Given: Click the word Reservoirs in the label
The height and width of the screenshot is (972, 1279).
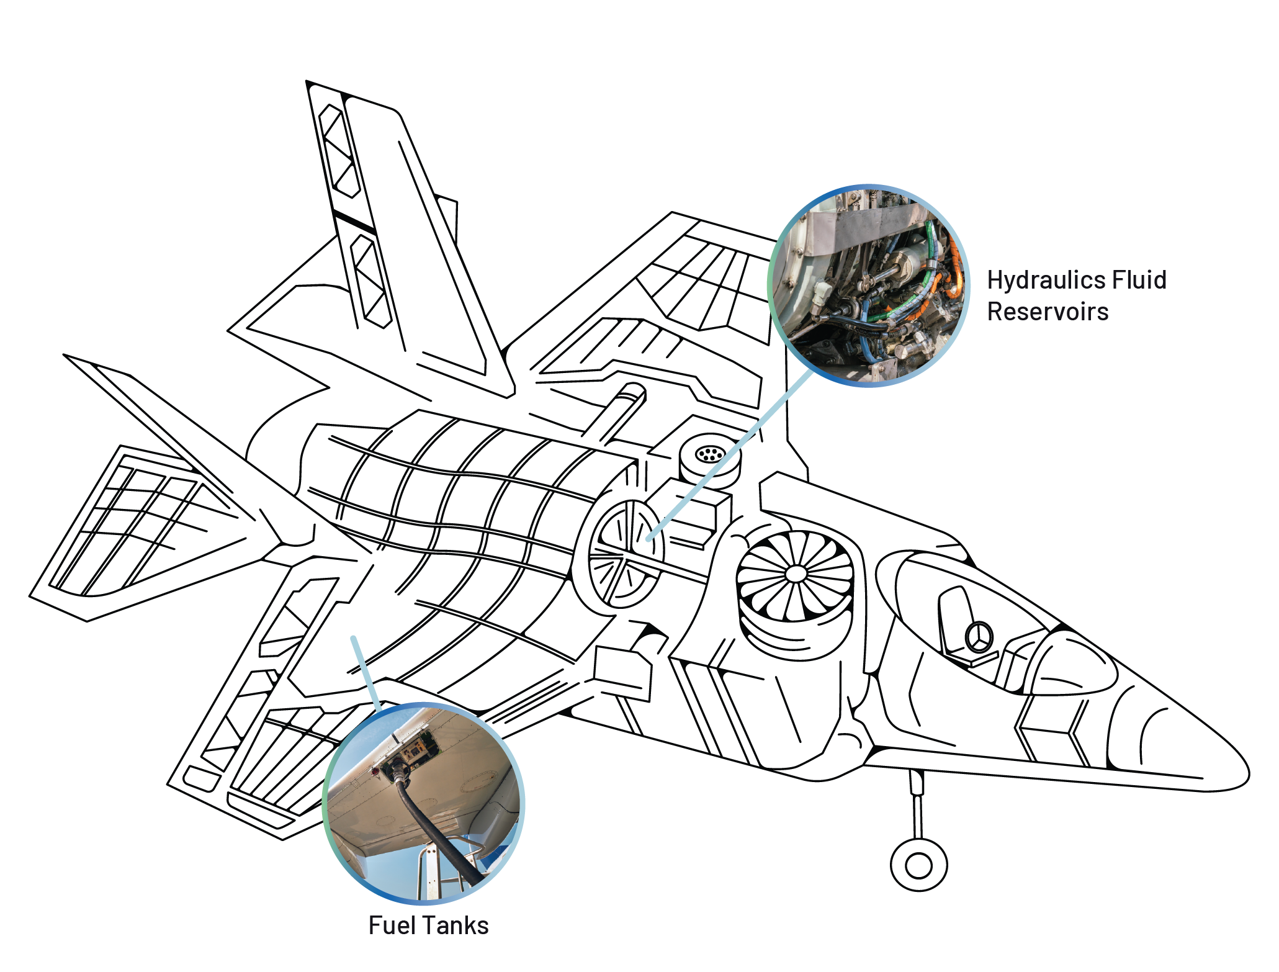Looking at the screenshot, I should pyautogui.click(x=1047, y=312).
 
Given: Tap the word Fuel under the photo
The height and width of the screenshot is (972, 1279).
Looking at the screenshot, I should pyautogui.click(x=391, y=925).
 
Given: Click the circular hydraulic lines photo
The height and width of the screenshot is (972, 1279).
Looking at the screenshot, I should pyautogui.click(x=868, y=286).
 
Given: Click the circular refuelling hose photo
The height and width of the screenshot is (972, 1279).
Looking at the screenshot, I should pyautogui.click(x=424, y=803).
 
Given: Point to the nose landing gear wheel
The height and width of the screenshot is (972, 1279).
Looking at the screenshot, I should pyautogui.click(x=918, y=865).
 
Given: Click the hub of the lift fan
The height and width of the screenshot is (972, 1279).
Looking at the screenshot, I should pyautogui.click(x=796, y=574).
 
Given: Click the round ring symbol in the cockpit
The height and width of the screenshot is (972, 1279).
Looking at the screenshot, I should pyautogui.click(x=979, y=637).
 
